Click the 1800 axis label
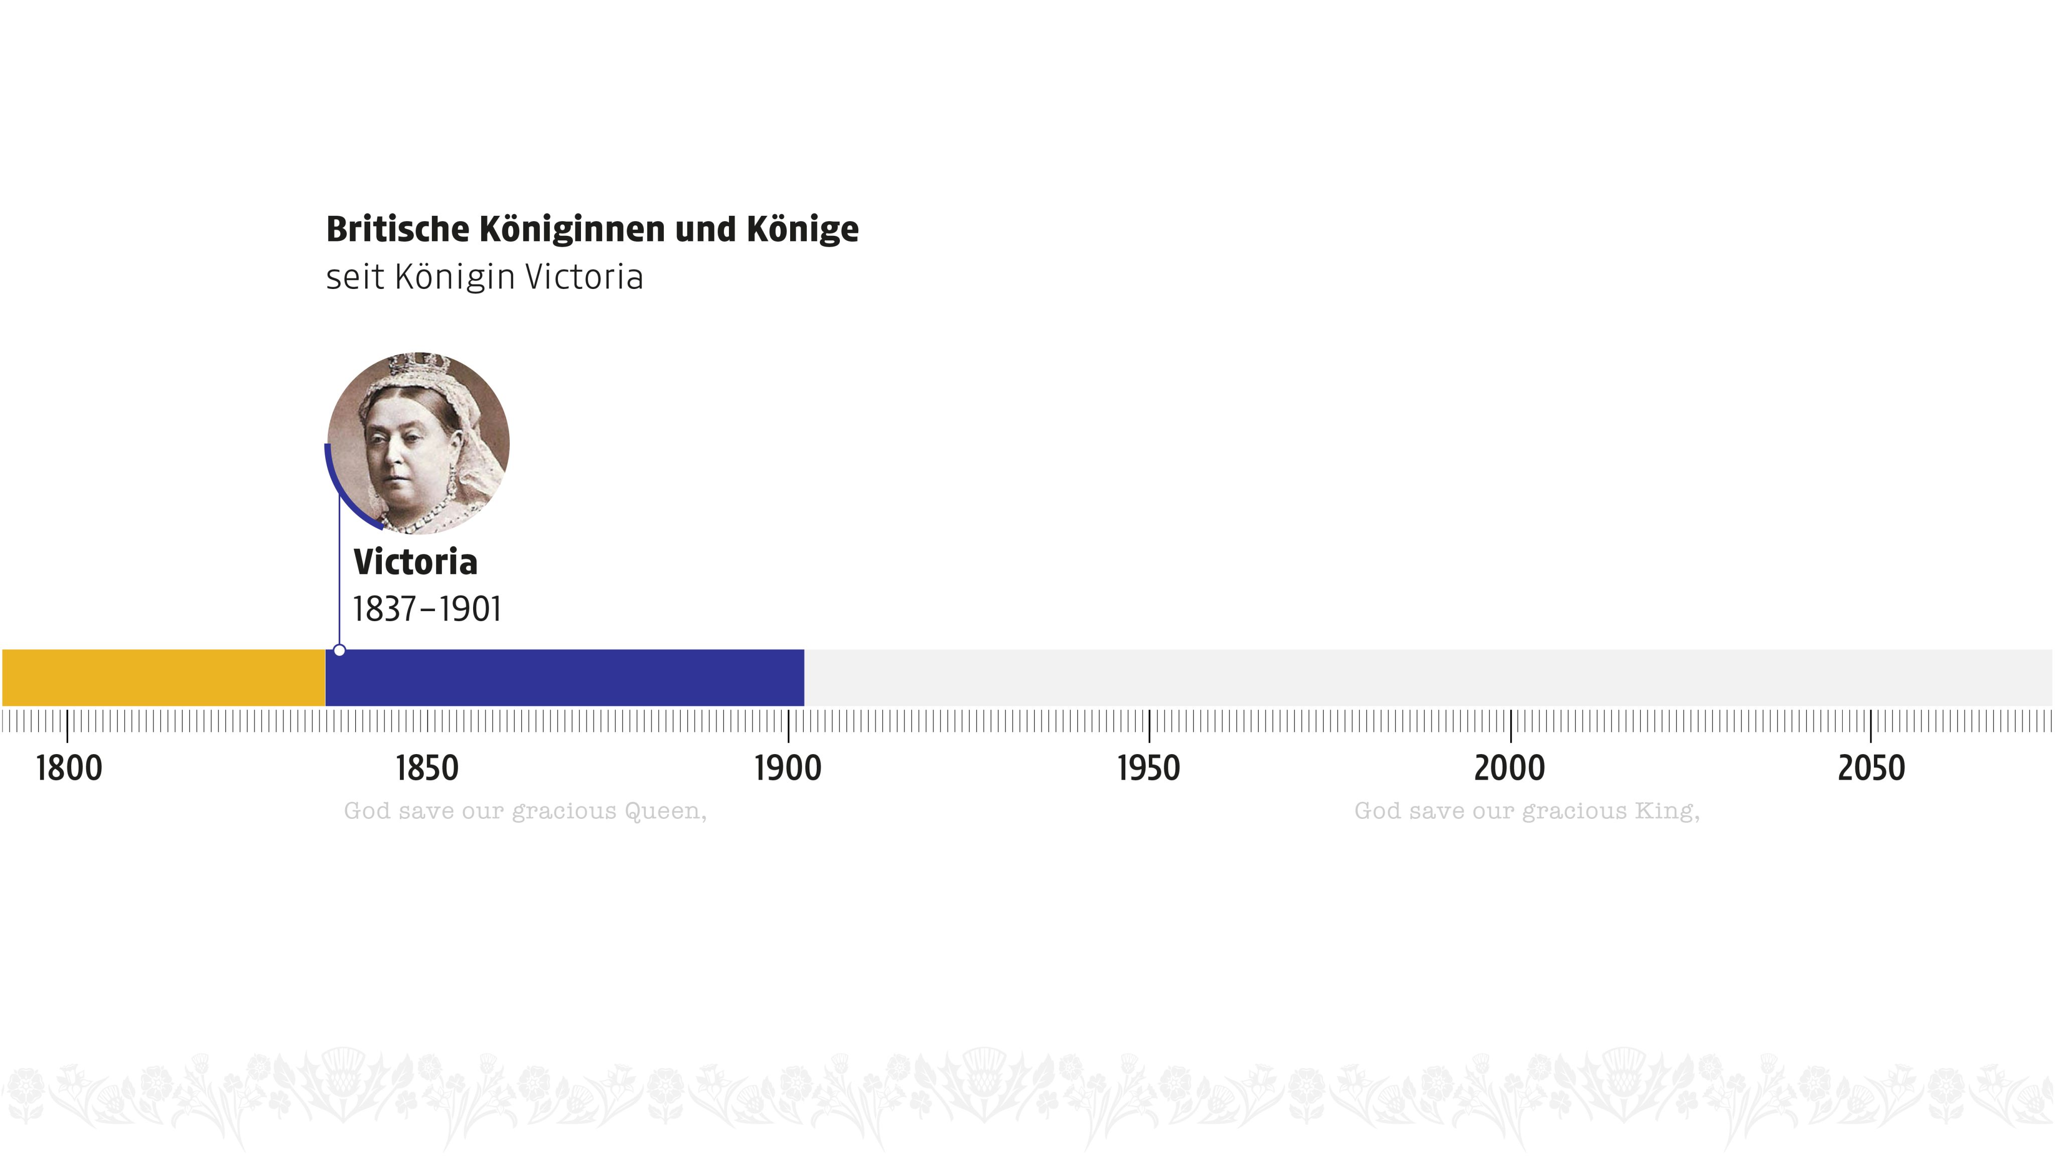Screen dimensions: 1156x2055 tap(69, 768)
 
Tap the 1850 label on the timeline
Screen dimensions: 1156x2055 tap(427, 768)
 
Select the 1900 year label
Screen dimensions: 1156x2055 tap(787, 768)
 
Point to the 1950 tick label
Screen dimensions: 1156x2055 tap(1148, 768)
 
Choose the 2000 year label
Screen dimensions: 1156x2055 tap(1509, 768)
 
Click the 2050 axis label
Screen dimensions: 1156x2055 tap(1871, 768)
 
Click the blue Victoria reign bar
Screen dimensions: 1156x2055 tap(565, 677)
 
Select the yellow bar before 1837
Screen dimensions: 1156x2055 tap(164, 677)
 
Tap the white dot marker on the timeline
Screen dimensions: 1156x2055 tap(339, 650)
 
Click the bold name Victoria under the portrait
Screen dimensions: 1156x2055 tap(415, 562)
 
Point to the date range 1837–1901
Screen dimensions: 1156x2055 tap(427, 610)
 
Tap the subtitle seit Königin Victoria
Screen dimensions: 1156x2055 tap(484, 277)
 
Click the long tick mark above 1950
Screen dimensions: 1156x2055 tap(1149, 725)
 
